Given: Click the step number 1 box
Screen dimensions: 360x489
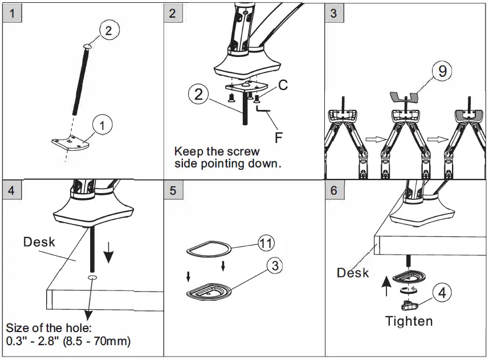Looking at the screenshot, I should pos(11,13).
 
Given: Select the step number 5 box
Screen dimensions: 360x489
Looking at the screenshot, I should pos(173,190).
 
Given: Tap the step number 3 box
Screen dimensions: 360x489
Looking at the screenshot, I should pos(334,13).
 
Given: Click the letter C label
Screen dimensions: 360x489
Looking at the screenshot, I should pos(283,85).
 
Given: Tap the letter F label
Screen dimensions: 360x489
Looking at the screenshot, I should pos(279,137).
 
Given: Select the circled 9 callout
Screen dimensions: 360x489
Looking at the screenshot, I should pos(441,71).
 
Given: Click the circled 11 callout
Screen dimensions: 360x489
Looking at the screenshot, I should pos(265,242).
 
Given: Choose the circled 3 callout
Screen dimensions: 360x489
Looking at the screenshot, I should pos(274,265).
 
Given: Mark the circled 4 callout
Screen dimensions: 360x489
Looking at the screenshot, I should pos(442,293).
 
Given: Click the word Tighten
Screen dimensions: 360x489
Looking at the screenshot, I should pos(409,321).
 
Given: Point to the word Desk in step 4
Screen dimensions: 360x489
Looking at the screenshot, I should pos(39,242).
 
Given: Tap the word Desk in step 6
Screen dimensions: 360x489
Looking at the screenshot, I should pos(353,273).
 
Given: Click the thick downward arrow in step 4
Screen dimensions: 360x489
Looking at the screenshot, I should pos(108,255).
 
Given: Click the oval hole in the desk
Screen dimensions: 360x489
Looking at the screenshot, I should pos(92,277).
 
